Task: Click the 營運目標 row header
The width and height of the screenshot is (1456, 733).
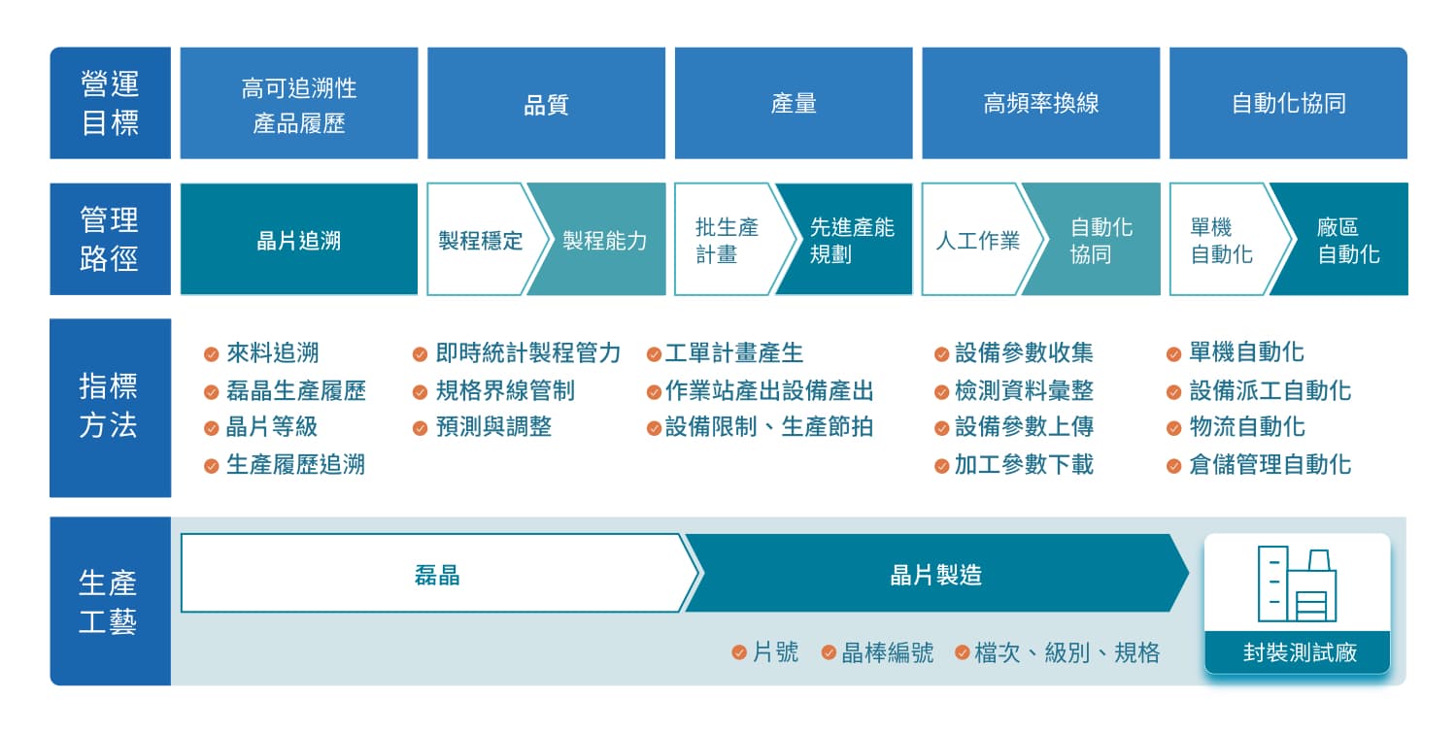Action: (x=111, y=103)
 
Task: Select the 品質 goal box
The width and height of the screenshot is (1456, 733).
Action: (x=546, y=103)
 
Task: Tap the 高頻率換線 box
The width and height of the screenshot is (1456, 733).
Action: (x=1040, y=103)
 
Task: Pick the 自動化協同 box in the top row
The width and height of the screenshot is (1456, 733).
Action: (x=1288, y=103)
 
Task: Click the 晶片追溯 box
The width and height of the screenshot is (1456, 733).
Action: (x=299, y=239)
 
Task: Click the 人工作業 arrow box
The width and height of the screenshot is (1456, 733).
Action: (x=979, y=239)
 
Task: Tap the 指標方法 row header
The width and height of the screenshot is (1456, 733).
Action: (x=111, y=408)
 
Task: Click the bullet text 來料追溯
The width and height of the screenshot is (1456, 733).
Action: (x=272, y=352)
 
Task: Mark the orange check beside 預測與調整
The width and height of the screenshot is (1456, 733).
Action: (x=420, y=428)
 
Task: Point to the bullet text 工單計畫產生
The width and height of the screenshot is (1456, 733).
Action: (x=734, y=352)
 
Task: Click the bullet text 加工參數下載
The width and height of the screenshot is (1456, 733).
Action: (x=1024, y=465)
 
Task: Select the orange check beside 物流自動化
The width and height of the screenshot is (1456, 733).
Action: (x=1174, y=428)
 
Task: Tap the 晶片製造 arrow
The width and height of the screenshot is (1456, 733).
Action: (x=936, y=573)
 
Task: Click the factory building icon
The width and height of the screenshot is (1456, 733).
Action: (x=1297, y=583)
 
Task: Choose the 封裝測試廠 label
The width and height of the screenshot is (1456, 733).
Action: (x=1300, y=651)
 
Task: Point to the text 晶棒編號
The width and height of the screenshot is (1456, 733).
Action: (x=887, y=652)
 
